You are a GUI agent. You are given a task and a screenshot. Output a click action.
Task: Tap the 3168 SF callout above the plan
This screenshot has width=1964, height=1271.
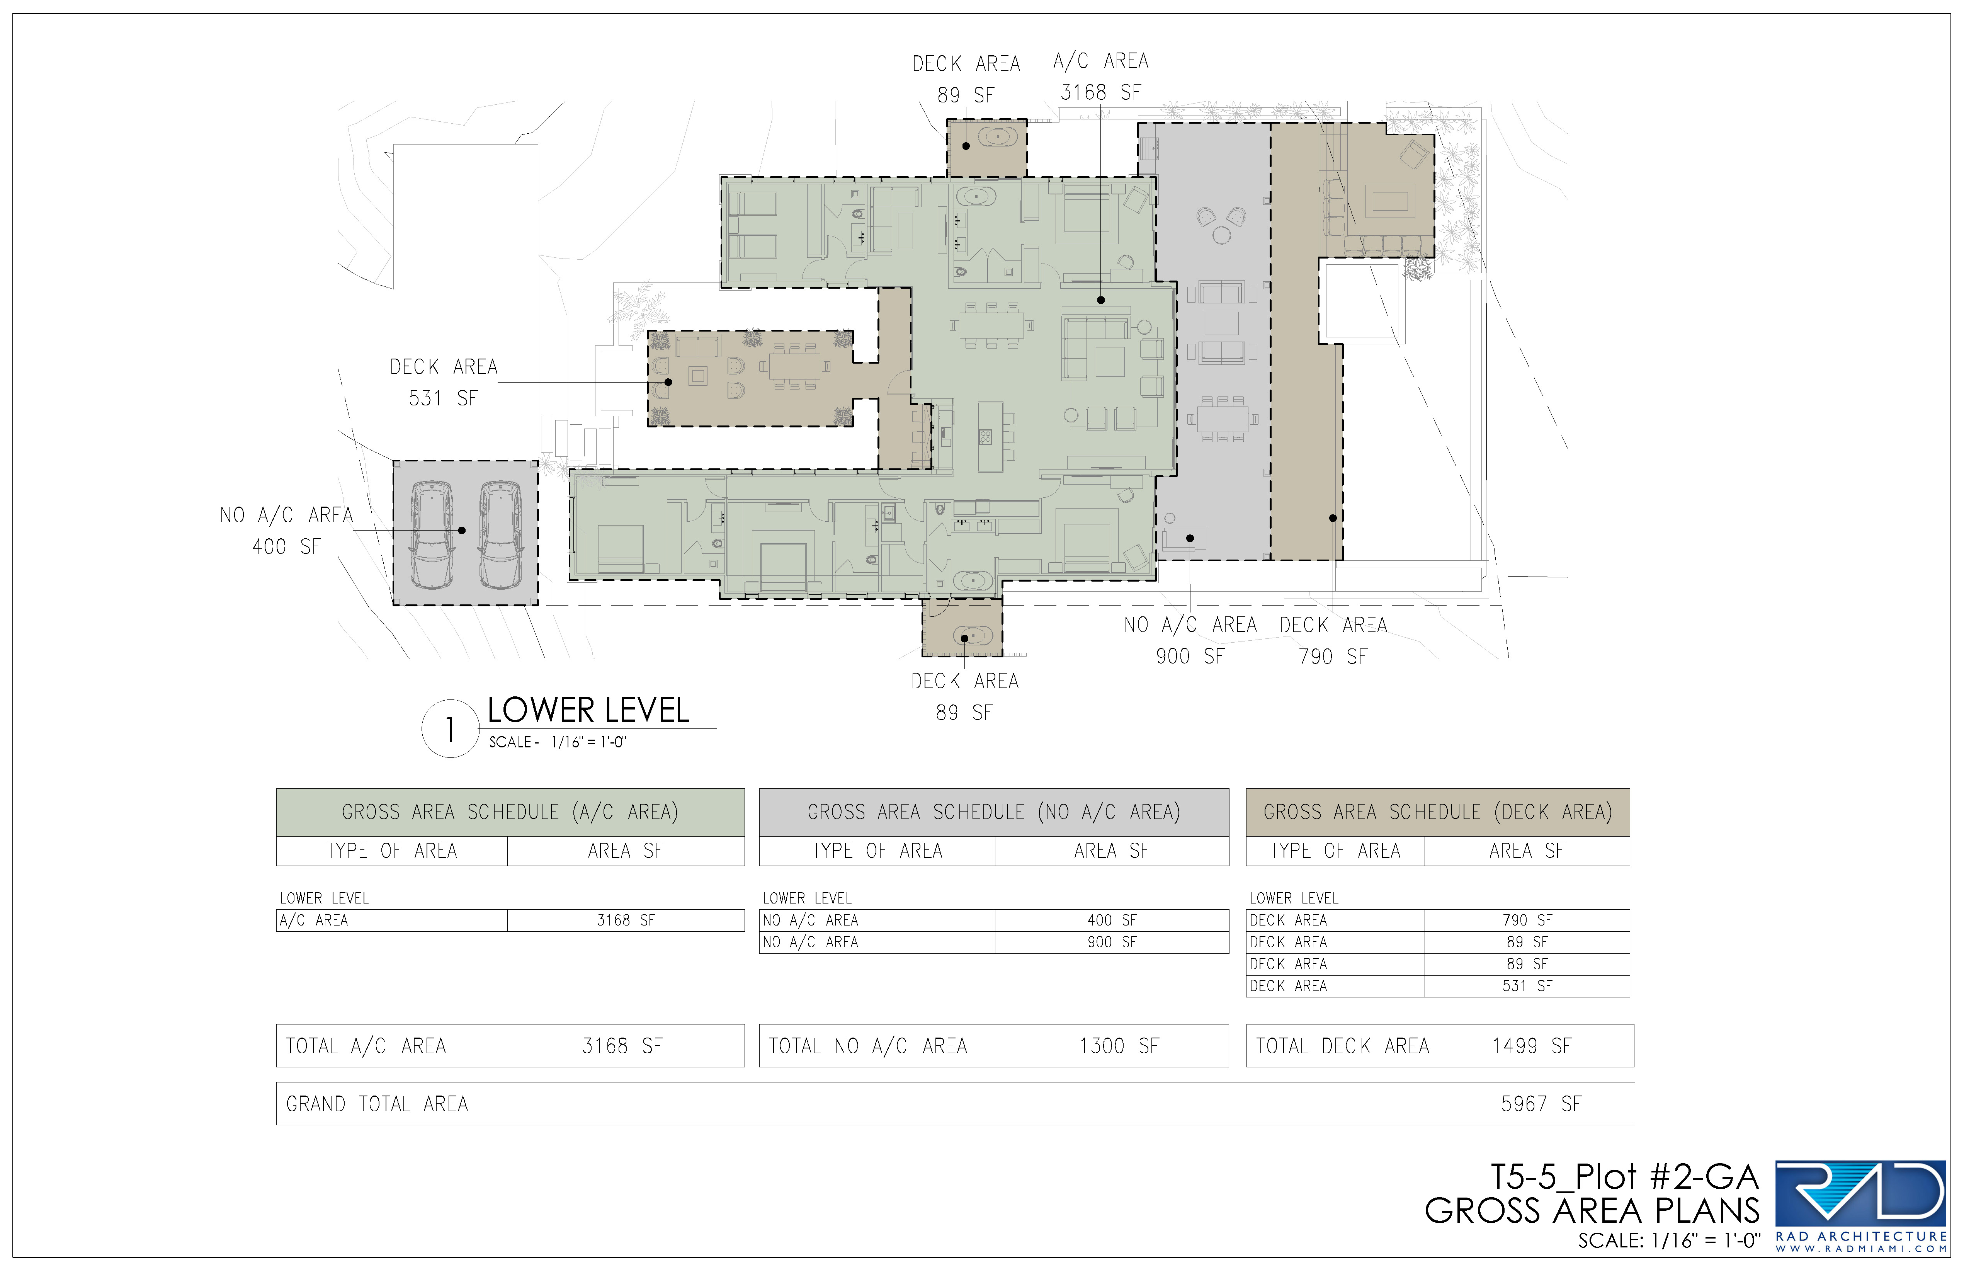pyautogui.click(x=1100, y=92)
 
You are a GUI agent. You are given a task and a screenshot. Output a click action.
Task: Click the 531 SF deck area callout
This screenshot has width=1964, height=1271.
pyautogui.click(x=443, y=398)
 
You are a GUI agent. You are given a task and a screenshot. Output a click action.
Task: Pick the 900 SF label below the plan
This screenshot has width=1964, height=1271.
pyautogui.click(x=1190, y=656)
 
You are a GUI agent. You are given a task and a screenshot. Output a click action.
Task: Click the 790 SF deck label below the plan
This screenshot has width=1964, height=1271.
pyautogui.click(x=1333, y=656)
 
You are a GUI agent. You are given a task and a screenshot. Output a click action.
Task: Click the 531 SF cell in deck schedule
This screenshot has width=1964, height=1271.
pyautogui.click(x=1527, y=985)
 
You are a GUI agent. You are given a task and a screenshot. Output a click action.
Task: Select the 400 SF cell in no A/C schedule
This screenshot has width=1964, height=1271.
pyautogui.click(x=1112, y=919)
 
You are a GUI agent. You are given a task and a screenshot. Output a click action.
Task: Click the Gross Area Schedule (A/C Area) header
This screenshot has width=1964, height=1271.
pyautogui.click(x=510, y=812)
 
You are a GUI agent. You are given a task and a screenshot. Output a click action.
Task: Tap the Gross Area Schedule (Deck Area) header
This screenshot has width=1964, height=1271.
pyautogui.click(x=1437, y=812)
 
